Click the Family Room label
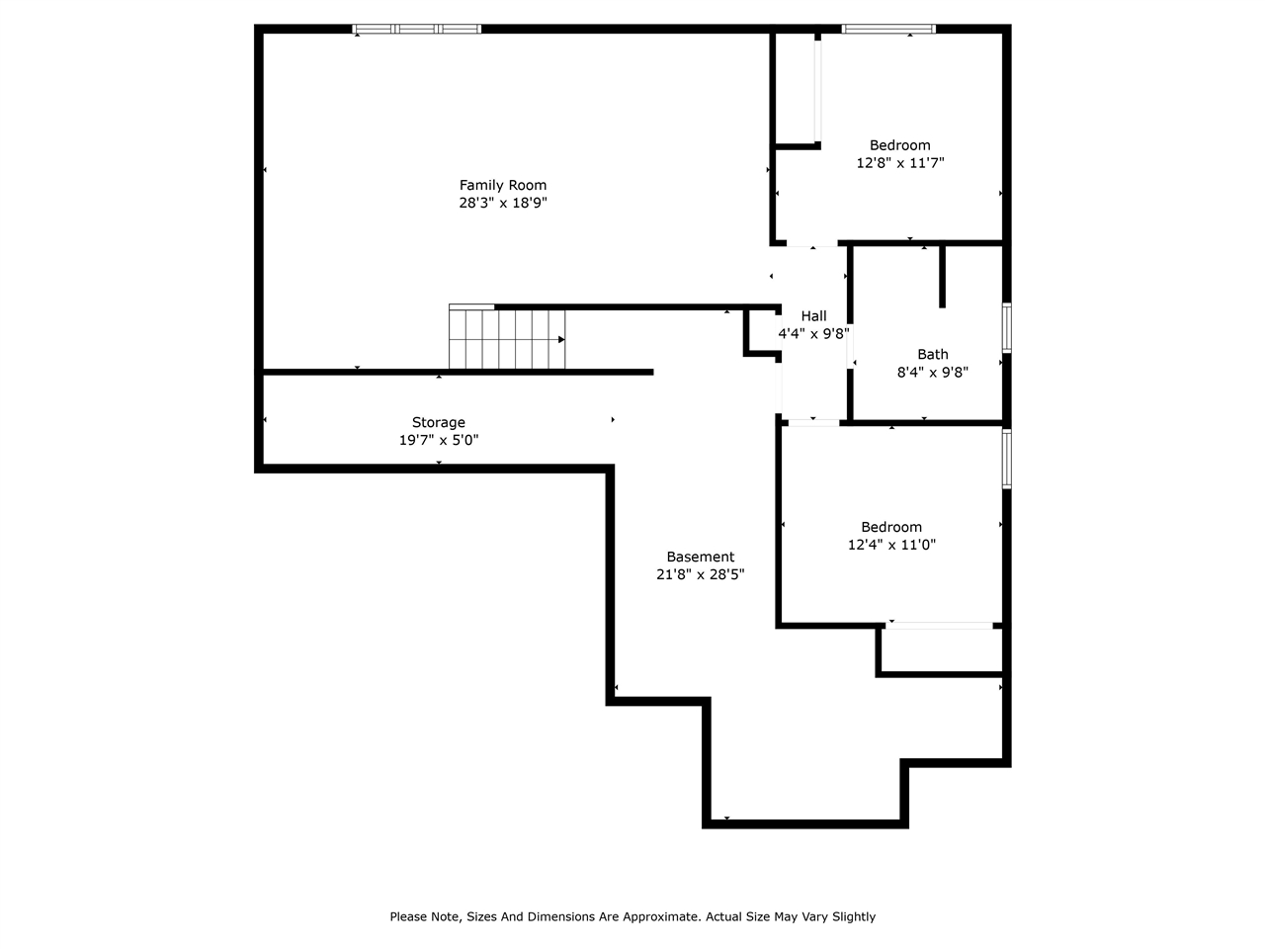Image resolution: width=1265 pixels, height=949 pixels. click(x=502, y=185)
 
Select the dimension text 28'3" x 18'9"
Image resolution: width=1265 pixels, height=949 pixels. click(x=502, y=203)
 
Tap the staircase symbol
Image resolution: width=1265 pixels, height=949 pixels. click(x=507, y=338)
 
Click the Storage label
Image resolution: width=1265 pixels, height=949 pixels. click(x=438, y=422)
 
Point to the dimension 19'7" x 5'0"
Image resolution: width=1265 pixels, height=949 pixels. click(x=438, y=440)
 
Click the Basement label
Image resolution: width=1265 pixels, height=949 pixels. click(x=700, y=557)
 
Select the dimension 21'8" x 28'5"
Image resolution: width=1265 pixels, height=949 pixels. click(x=700, y=574)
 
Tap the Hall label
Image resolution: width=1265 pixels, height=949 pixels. click(x=813, y=315)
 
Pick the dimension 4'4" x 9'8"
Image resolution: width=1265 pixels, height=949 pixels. click(x=813, y=333)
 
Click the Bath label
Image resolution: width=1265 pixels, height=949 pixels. click(x=932, y=354)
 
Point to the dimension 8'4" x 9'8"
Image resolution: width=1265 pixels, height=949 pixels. click(x=932, y=372)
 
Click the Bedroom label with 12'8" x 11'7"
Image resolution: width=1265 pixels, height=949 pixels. click(x=899, y=145)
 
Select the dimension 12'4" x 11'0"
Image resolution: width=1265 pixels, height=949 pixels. click(x=891, y=545)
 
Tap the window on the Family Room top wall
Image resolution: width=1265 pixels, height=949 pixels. click(x=417, y=29)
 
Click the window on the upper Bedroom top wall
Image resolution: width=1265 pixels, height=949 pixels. click(x=887, y=29)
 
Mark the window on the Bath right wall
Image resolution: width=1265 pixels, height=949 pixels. click(x=1007, y=327)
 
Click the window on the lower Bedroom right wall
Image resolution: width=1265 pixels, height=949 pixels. click(x=1007, y=458)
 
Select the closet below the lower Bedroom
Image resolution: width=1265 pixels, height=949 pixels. click(x=940, y=650)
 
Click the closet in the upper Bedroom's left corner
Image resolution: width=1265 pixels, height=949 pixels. click(x=796, y=89)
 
